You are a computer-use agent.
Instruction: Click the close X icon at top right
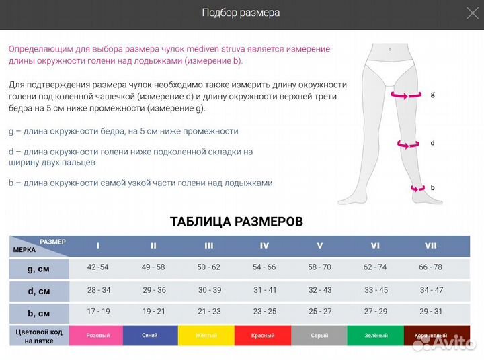click(473, 13)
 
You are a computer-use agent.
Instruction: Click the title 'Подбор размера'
click(241, 13)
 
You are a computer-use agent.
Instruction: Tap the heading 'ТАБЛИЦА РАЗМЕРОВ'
click(236, 222)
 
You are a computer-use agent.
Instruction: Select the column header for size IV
click(264, 246)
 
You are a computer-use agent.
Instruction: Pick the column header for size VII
click(430, 246)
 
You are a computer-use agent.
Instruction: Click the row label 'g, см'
click(39, 268)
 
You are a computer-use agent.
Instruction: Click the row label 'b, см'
click(39, 313)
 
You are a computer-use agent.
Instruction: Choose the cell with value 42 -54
click(98, 267)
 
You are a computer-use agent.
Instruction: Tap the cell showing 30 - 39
click(209, 290)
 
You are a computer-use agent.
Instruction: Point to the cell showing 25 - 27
click(319, 312)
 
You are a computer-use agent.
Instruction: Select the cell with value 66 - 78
click(430, 267)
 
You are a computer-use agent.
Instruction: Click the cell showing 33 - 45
click(375, 290)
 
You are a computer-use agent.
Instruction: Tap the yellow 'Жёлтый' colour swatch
click(206, 335)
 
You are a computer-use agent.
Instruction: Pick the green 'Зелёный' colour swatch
click(375, 335)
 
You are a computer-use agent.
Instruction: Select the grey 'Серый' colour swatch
click(319, 335)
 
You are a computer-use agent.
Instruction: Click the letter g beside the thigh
click(432, 95)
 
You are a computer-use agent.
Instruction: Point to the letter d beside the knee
click(432, 143)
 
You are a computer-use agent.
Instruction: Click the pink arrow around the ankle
click(417, 189)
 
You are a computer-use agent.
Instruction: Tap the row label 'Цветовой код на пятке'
click(39, 336)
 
